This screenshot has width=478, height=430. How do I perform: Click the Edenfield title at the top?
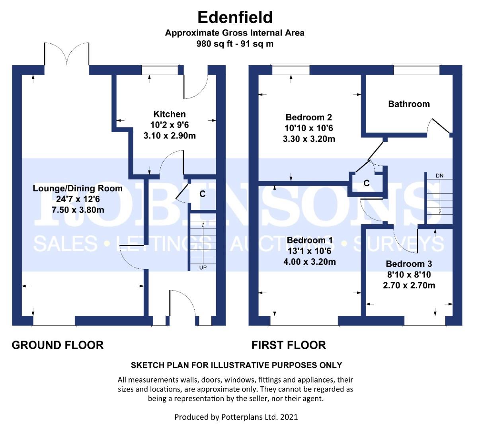click(235, 17)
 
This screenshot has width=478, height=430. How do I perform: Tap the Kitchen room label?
click(170, 114)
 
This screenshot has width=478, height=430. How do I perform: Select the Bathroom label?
click(409, 104)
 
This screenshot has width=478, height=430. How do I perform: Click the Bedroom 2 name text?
click(308, 117)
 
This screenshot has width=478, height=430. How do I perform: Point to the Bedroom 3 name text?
click(409, 264)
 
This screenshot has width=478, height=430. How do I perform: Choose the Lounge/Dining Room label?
click(78, 188)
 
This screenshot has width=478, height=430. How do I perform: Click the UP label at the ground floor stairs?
click(203, 268)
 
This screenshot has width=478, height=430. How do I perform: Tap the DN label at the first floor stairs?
click(439, 176)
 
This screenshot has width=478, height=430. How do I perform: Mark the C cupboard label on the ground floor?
click(202, 194)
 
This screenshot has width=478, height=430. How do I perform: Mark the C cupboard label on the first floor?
click(366, 183)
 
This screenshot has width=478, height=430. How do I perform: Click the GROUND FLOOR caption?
click(58, 345)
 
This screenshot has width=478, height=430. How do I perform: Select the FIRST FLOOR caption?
click(289, 345)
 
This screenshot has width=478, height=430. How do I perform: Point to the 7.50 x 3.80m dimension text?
click(78, 210)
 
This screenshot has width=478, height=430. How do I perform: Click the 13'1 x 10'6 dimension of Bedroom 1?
click(309, 251)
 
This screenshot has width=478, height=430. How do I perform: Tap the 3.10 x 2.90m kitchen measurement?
click(170, 136)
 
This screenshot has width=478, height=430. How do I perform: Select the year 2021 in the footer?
click(289, 417)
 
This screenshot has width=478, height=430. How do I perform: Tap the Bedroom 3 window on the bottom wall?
click(424, 321)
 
